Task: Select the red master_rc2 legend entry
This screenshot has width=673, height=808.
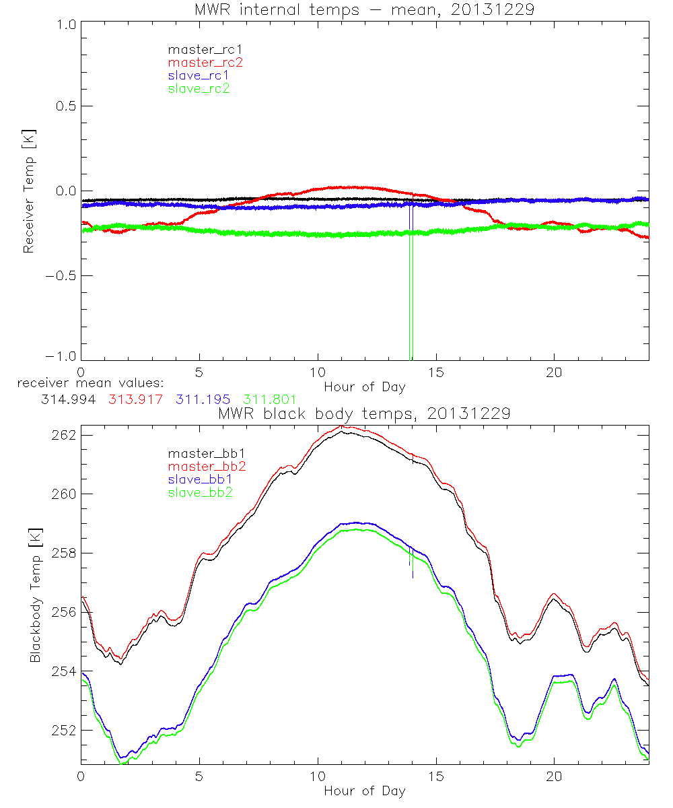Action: pyautogui.click(x=205, y=62)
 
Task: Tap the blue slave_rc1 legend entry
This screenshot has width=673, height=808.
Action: pyautogui.click(x=199, y=75)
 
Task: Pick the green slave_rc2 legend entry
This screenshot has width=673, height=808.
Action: pyautogui.click(x=199, y=88)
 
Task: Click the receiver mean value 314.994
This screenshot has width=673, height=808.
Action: pyautogui.click(x=64, y=399)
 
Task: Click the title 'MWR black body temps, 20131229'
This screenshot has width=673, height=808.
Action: pyautogui.click(x=364, y=413)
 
